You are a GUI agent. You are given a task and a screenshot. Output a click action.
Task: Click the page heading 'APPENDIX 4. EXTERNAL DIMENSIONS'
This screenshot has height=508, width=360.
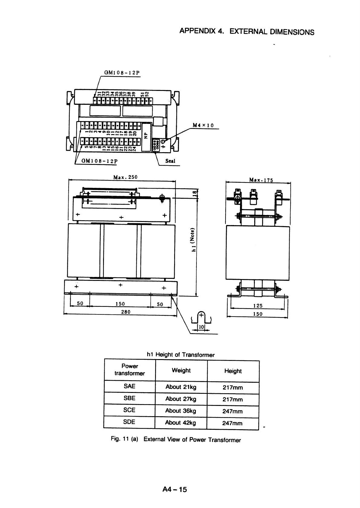(x=247, y=32)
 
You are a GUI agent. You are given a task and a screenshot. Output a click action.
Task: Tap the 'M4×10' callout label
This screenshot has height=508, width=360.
(x=203, y=125)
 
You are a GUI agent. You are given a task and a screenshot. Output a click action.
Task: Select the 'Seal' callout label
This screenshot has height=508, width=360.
(x=170, y=161)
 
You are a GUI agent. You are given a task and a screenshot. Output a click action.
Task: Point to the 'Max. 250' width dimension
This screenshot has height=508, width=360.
(x=125, y=177)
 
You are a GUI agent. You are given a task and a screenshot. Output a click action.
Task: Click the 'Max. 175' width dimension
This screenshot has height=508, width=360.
(x=261, y=180)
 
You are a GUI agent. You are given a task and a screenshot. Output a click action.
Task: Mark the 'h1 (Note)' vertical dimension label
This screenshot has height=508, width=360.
(x=195, y=239)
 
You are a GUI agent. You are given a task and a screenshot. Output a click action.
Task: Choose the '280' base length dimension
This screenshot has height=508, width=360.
(x=125, y=312)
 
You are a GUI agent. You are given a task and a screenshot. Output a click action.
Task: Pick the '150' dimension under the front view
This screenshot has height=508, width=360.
(x=120, y=304)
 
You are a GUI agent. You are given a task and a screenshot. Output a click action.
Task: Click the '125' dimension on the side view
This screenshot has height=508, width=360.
(x=258, y=306)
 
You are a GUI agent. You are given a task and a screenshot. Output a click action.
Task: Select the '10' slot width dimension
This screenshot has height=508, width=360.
(x=201, y=327)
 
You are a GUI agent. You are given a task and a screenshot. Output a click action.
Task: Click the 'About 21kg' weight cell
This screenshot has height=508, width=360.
(x=181, y=387)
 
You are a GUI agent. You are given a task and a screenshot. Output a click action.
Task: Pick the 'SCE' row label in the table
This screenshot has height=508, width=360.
(x=129, y=410)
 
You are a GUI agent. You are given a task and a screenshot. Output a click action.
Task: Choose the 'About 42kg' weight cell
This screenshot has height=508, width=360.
(x=180, y=423)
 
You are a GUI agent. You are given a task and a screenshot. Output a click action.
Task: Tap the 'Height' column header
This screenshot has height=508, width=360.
(x=233, y=371)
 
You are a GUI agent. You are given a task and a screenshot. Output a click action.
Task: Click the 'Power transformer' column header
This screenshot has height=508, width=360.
(x=130, y=370)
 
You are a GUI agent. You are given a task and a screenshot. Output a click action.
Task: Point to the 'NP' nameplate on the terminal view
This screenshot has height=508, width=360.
(x=146, y=136)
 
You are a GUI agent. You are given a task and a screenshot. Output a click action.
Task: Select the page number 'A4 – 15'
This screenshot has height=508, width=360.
(x=175, y=489)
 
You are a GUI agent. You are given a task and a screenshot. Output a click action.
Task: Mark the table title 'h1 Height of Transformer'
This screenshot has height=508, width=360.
(x=180, y=355)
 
